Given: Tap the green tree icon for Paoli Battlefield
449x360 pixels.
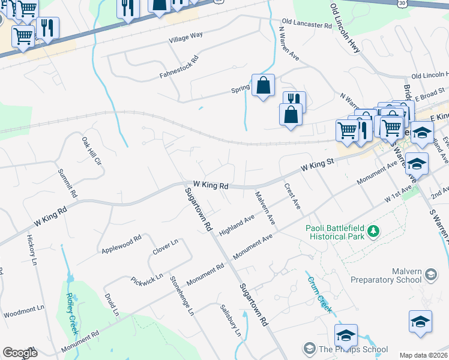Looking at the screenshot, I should click(x=373, y=230).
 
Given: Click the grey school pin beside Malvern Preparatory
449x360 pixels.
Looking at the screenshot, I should click(x=430, y=275).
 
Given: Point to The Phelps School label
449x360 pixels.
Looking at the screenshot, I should click(x=353, y=349).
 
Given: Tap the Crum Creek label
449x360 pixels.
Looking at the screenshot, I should click(x=319, y=294).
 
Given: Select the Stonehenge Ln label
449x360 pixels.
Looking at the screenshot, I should click(x=182, y=295).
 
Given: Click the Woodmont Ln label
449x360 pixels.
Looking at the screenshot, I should click(x=24, y=313).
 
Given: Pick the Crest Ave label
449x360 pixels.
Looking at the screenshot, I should click(x=292, y=196).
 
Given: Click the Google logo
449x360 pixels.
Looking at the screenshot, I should click(x=20, y=353).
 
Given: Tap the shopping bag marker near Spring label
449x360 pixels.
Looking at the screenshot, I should click(x=264, y=85).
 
